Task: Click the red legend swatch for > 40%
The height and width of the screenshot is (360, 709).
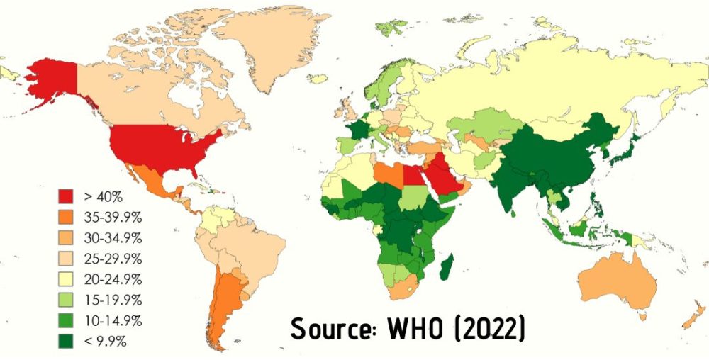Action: tap(66, 194)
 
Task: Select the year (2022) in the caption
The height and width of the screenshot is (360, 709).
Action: tap(490, 330)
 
